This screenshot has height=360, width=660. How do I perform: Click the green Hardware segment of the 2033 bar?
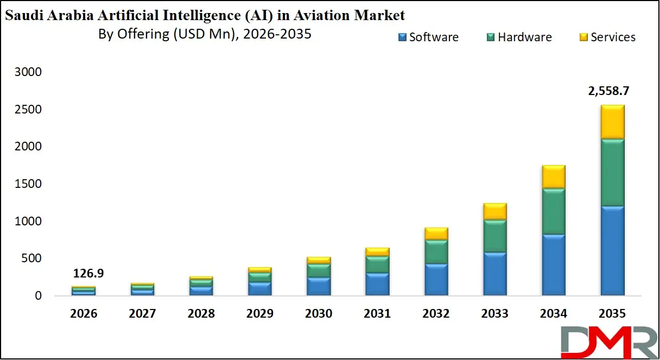tap(494, 236)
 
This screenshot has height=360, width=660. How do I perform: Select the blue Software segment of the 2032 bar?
tap(436, 280)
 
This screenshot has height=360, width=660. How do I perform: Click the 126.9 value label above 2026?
tap(88, 274)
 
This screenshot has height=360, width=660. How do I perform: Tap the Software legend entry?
tap(428, 37)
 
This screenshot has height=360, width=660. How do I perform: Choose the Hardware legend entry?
tap(519, 37)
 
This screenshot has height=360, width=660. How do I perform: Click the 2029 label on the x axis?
tap(259, 314)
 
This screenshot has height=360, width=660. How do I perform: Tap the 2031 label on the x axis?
tap(377, 314)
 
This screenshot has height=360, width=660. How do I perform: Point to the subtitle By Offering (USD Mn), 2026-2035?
tap(205, 34)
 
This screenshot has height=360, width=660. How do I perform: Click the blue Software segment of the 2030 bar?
tap(319, 286)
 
